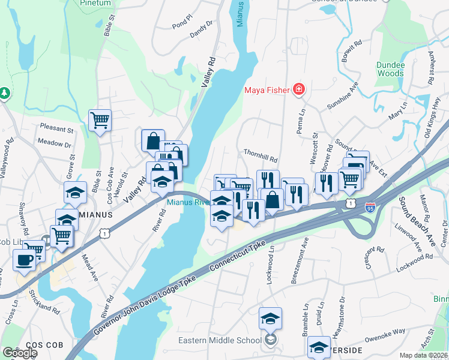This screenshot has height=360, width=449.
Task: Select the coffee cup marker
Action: (25, 260)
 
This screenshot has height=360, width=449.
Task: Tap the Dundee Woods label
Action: (390, 69)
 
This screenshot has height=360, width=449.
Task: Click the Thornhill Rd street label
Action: (260, 160)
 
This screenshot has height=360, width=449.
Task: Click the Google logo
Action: (19, 353)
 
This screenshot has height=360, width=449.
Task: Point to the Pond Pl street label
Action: (181, 26)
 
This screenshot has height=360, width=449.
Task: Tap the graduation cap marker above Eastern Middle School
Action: (270, 318)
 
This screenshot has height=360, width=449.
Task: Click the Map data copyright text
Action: (424, 355)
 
